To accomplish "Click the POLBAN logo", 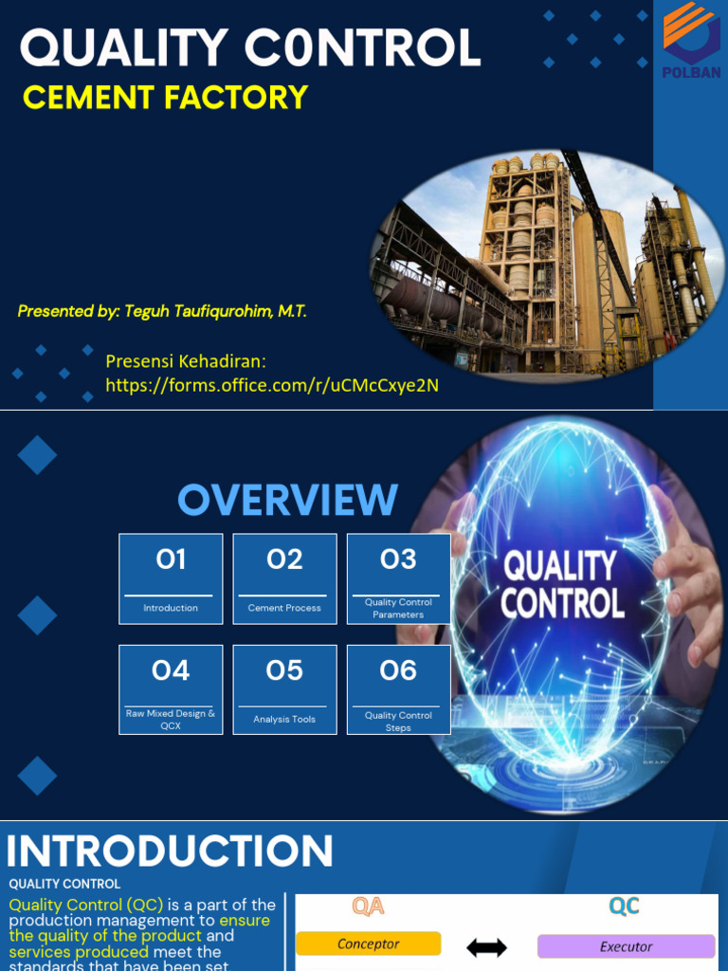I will pos(690,40).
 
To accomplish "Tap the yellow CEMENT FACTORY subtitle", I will pos(165,97).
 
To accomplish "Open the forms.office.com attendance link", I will pos(272,385).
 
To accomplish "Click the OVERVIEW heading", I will pos(287,500).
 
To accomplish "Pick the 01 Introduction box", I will pos(171,578).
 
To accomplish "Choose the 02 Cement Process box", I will pos(284,578).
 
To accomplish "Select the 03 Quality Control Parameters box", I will pos(398,578).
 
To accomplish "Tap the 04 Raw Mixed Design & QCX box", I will pos(171,689).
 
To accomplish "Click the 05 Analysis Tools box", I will pos(284,689).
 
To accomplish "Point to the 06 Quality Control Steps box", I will pos(398,689).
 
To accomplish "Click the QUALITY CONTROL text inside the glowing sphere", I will pos(562,585).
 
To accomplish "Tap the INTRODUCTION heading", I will pos(170,851).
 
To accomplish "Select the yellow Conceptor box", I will pos(368,944).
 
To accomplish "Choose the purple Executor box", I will pos(626,946).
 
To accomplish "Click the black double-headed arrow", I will pos(487,946).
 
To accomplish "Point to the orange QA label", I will pos(368,907).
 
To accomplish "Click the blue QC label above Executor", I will pos(624,907).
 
